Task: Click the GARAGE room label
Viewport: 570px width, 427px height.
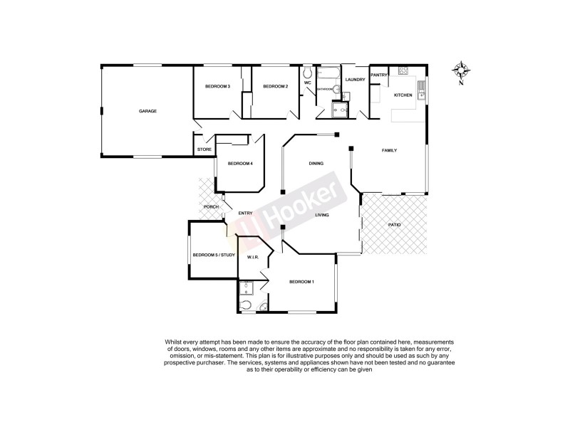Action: [147, 111]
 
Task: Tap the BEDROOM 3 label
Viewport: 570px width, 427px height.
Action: [217, 86]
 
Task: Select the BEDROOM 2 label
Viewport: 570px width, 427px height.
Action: [275, 86]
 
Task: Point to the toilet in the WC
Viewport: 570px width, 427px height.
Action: [307, 74]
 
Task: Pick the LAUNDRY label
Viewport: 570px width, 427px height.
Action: [355, 79]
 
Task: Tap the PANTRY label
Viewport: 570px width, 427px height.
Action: [378, 75]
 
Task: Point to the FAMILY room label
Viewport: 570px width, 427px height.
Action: [389, 150]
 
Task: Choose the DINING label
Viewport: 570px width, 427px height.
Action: [316, 164]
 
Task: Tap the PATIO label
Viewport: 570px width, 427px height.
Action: [394, 225]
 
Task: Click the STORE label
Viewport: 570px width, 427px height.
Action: [204, 149]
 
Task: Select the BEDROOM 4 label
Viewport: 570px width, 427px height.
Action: [240, 164]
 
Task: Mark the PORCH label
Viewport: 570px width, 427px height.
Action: [211, 207]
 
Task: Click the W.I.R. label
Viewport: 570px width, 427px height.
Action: [252, 257]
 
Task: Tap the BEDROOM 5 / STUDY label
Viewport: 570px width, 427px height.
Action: [214, 254]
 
